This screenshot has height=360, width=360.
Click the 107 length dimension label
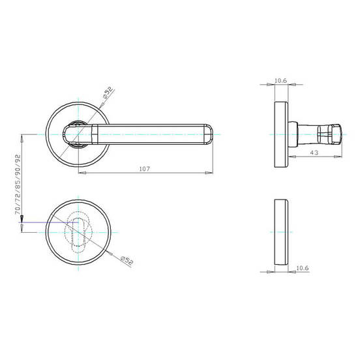(144, 169)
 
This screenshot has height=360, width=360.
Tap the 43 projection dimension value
(314, 153)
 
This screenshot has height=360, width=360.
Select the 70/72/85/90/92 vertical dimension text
(18, 185)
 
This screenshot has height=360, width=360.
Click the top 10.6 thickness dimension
(280, 81)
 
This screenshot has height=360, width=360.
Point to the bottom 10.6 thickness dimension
(303, 268)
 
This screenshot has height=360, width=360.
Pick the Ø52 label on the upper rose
(108, 93)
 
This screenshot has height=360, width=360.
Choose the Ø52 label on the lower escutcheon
(127, 261)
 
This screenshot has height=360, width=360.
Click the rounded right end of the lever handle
(209, 134)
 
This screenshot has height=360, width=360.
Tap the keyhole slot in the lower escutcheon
(78, 232)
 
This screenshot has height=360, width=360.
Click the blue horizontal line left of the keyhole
(49, 222)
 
